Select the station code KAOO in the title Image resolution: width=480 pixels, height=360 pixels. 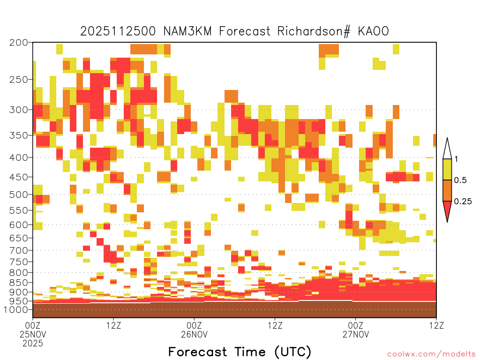(374, 31)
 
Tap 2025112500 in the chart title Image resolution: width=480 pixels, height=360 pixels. (118, 31)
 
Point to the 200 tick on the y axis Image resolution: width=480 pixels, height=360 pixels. (19, 43)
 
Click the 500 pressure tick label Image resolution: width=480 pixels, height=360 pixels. (19, 195)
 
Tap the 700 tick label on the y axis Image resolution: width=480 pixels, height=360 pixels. (19, 250)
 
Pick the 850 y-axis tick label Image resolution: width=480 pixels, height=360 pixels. (19, 283)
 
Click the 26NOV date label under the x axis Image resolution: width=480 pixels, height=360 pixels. (194, 334)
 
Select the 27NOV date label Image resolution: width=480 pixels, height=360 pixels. (356, 334)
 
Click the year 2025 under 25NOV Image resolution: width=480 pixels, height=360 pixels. (33, 344)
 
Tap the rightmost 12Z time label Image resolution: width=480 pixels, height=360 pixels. (436, 325)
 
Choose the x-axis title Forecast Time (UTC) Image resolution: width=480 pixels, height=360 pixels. (240, 352)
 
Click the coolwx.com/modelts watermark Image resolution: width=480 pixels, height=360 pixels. (431, 354)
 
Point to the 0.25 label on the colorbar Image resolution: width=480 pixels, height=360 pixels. (463, 202)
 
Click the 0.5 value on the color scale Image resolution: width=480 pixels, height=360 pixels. (460, 180)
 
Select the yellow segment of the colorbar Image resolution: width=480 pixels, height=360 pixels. (447, 169)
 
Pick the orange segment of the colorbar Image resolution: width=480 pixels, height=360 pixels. (447, 190)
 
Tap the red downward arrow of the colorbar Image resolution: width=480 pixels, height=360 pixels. (447, 210)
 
